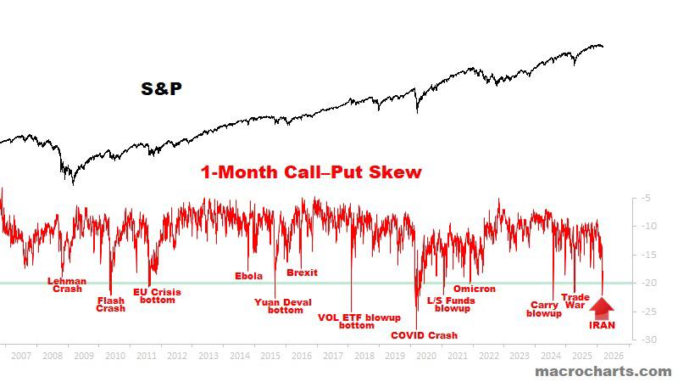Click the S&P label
161,87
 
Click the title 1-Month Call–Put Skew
311,172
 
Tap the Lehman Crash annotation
66,284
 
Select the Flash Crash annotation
111,304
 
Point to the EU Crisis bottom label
157,295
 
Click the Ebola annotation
248,276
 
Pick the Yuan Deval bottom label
283,306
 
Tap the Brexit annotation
302,272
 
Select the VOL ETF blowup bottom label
358,321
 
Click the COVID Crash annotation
424,335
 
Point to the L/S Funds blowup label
452,304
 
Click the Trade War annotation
575,301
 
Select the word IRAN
602,324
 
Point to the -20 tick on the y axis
645,283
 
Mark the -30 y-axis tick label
645,340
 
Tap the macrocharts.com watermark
603,371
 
